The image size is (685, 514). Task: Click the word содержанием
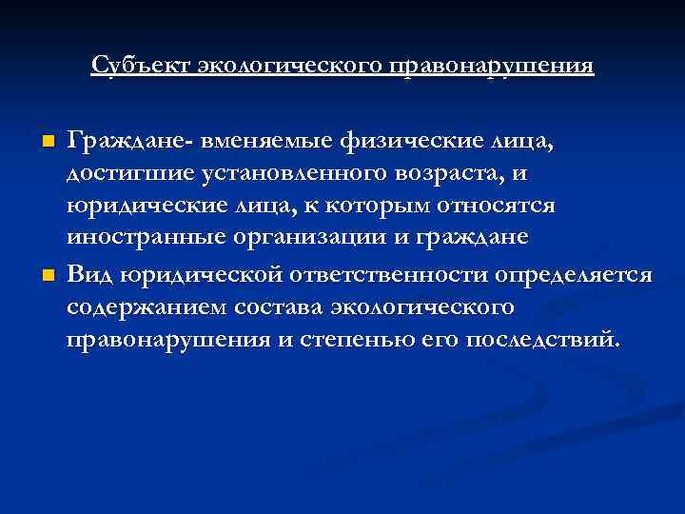pos(139,308)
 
